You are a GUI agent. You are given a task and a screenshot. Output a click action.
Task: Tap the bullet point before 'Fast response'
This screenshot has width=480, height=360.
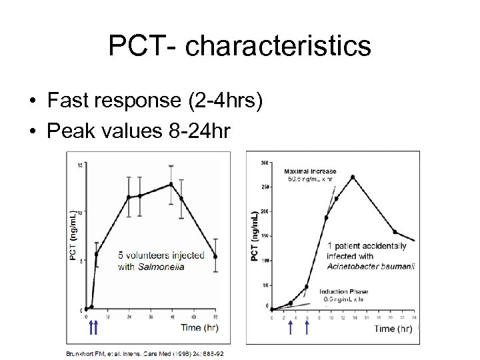pos(32,101)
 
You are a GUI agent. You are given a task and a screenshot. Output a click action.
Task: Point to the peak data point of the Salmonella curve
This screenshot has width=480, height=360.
pos(171,185)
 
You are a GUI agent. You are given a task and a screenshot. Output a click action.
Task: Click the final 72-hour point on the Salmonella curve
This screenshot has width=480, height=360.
pos(215,257)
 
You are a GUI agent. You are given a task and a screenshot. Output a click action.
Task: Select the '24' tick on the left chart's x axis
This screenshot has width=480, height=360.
pos(128,317)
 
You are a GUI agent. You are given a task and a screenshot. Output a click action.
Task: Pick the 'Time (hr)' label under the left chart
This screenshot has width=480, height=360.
pos(199,327)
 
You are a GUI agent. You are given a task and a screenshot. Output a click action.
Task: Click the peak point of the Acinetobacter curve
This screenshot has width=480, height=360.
pos(353,177)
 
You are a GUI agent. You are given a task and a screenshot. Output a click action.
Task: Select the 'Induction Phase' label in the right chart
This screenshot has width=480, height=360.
pos(343,291)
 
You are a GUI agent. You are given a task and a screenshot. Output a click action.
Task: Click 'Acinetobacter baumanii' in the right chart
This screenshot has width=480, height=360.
pos(371,266)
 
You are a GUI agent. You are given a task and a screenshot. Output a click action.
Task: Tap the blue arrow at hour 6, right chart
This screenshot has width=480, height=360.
pos(307,327)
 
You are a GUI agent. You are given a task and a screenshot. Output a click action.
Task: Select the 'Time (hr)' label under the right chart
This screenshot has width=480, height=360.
pos(393,328)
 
